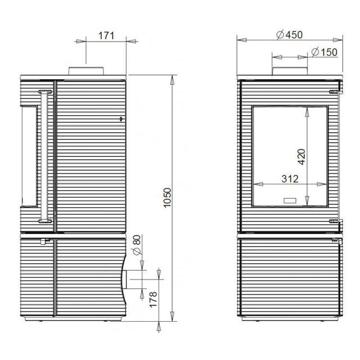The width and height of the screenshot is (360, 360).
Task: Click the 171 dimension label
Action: tap(106, 36)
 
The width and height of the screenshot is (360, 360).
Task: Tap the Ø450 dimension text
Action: tap(290, 35)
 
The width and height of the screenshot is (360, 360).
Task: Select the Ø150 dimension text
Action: tap(325, 52)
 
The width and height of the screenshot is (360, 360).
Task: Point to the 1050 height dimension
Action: tap(168, 197)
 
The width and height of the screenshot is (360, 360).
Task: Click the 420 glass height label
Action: tap(301, 157)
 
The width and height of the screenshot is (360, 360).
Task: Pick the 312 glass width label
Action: tap(290, 179)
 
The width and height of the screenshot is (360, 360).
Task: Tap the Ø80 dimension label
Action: tap(137, 245)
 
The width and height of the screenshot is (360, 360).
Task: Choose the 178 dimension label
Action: tap(153, 299)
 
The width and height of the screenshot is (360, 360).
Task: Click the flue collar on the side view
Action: tap(86, 71)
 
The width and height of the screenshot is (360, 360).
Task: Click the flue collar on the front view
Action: tap(290, 71)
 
